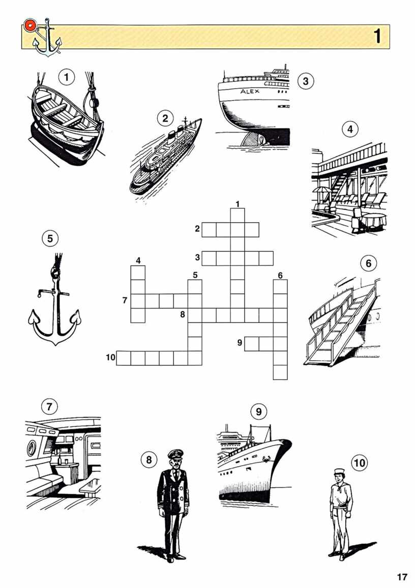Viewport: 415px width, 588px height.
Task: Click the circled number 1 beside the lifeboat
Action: (67, 78)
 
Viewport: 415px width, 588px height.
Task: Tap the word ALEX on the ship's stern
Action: (250, 91)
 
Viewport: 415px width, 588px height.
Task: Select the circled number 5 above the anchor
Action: (50, 238)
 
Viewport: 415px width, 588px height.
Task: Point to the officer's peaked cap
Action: (174, 455)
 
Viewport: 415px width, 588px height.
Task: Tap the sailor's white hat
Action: (341, 471)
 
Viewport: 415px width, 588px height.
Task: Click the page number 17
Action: (402, 576)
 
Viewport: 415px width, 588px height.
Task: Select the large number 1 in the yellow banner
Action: (377, 36)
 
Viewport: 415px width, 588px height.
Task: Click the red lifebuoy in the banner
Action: (29, 25)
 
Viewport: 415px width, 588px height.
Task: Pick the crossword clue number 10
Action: (110, 357)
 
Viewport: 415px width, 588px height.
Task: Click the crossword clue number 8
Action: (183, 314)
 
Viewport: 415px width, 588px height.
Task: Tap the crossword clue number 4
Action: (138, 260)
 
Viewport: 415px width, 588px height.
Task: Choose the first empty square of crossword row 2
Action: (209, 229)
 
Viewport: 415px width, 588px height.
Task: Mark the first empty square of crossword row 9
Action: (252, 344)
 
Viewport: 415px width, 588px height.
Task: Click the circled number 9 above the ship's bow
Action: (259, 412)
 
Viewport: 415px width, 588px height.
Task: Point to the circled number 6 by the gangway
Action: (368, 263)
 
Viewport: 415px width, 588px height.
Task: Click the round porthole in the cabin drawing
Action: (32, 447)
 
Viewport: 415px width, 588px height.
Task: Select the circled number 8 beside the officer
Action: (149, 459)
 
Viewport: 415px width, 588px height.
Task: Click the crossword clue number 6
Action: (280, 276)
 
